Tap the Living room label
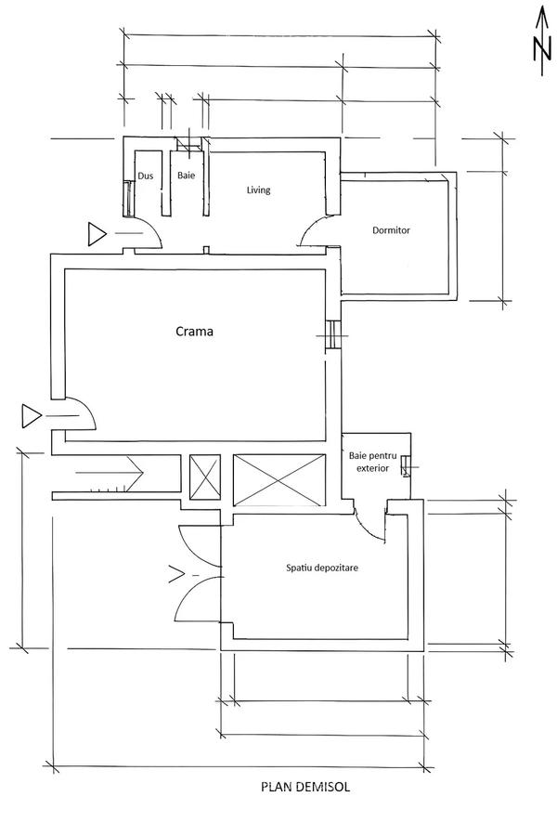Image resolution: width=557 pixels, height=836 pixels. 258,190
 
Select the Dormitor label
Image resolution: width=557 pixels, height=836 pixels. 391,229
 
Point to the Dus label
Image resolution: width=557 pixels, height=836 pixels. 145,176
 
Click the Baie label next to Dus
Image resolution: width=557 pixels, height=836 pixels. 186,176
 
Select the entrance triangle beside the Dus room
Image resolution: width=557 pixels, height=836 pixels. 97,234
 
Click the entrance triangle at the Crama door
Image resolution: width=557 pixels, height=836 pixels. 31,416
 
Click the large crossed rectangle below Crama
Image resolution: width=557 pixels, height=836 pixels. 278,479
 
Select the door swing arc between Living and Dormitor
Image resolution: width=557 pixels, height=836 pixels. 317,230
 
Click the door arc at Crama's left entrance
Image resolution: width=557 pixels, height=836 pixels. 80,412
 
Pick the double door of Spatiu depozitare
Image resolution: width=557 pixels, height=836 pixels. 198,576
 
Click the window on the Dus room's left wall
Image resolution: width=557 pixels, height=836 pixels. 128,197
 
